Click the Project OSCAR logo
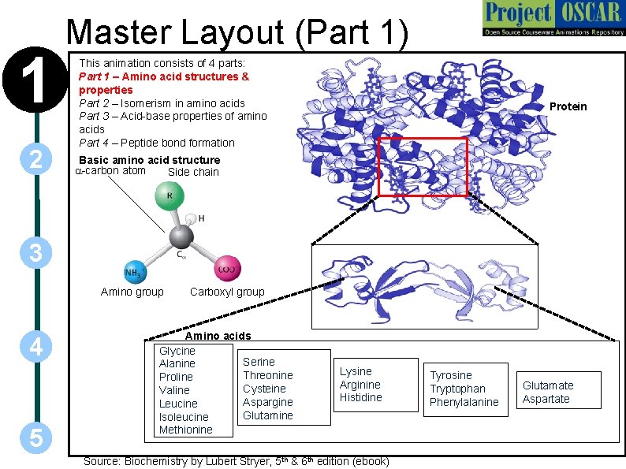[x=552, y=20]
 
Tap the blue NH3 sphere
[x=134, y=273]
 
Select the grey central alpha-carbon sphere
[x=181, y=236]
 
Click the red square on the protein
[x=423, y=166]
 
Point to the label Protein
[x=568, y=106]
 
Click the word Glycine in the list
[x=177, y=350]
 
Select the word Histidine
[x=360, y=397]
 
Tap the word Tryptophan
[x=457, y=389]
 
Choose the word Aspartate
[x=546, y=399]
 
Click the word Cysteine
[x=264, y=389]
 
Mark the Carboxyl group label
[x=227, y=292]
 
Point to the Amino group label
[x=132, y=292]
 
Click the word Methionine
[x=185, y=430]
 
